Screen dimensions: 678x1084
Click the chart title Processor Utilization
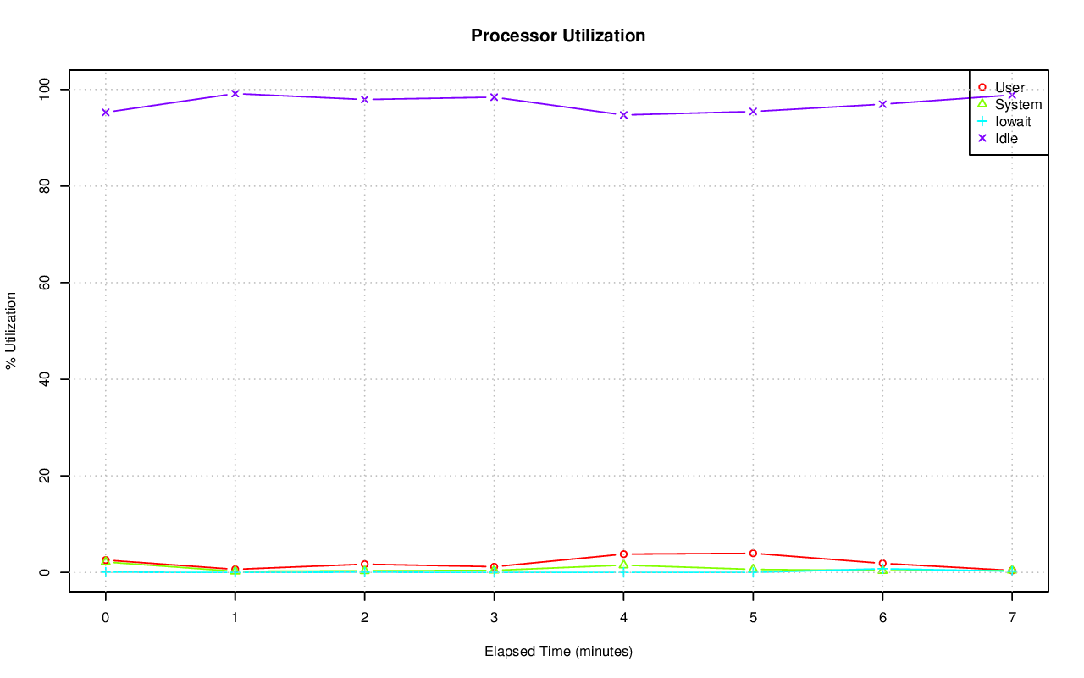tap(558, 36)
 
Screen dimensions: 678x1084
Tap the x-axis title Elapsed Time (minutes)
tap(558, 652)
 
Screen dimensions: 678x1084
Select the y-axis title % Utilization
tap(12, 330)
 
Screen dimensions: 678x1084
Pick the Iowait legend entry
tap(1012, 121)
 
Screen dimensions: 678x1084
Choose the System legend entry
tap(1017, 104)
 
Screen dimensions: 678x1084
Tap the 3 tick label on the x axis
tap(494, 619)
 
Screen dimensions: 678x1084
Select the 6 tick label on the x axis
tap(882, 619)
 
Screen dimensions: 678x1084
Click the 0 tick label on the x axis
tap(105, 619)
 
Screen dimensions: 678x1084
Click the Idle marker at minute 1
tap(235, 93)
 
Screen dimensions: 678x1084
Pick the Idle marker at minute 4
tap(623, 114)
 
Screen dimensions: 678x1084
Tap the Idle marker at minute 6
tap(882, 104)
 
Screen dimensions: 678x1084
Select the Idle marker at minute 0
tap(105, 112)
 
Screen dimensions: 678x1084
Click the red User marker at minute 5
tap(753, 554)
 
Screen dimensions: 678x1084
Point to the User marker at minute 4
tap(623, 554)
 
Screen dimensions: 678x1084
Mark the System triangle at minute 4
tap(623, 565)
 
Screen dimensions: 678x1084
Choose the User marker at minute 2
tap(364, 564)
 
